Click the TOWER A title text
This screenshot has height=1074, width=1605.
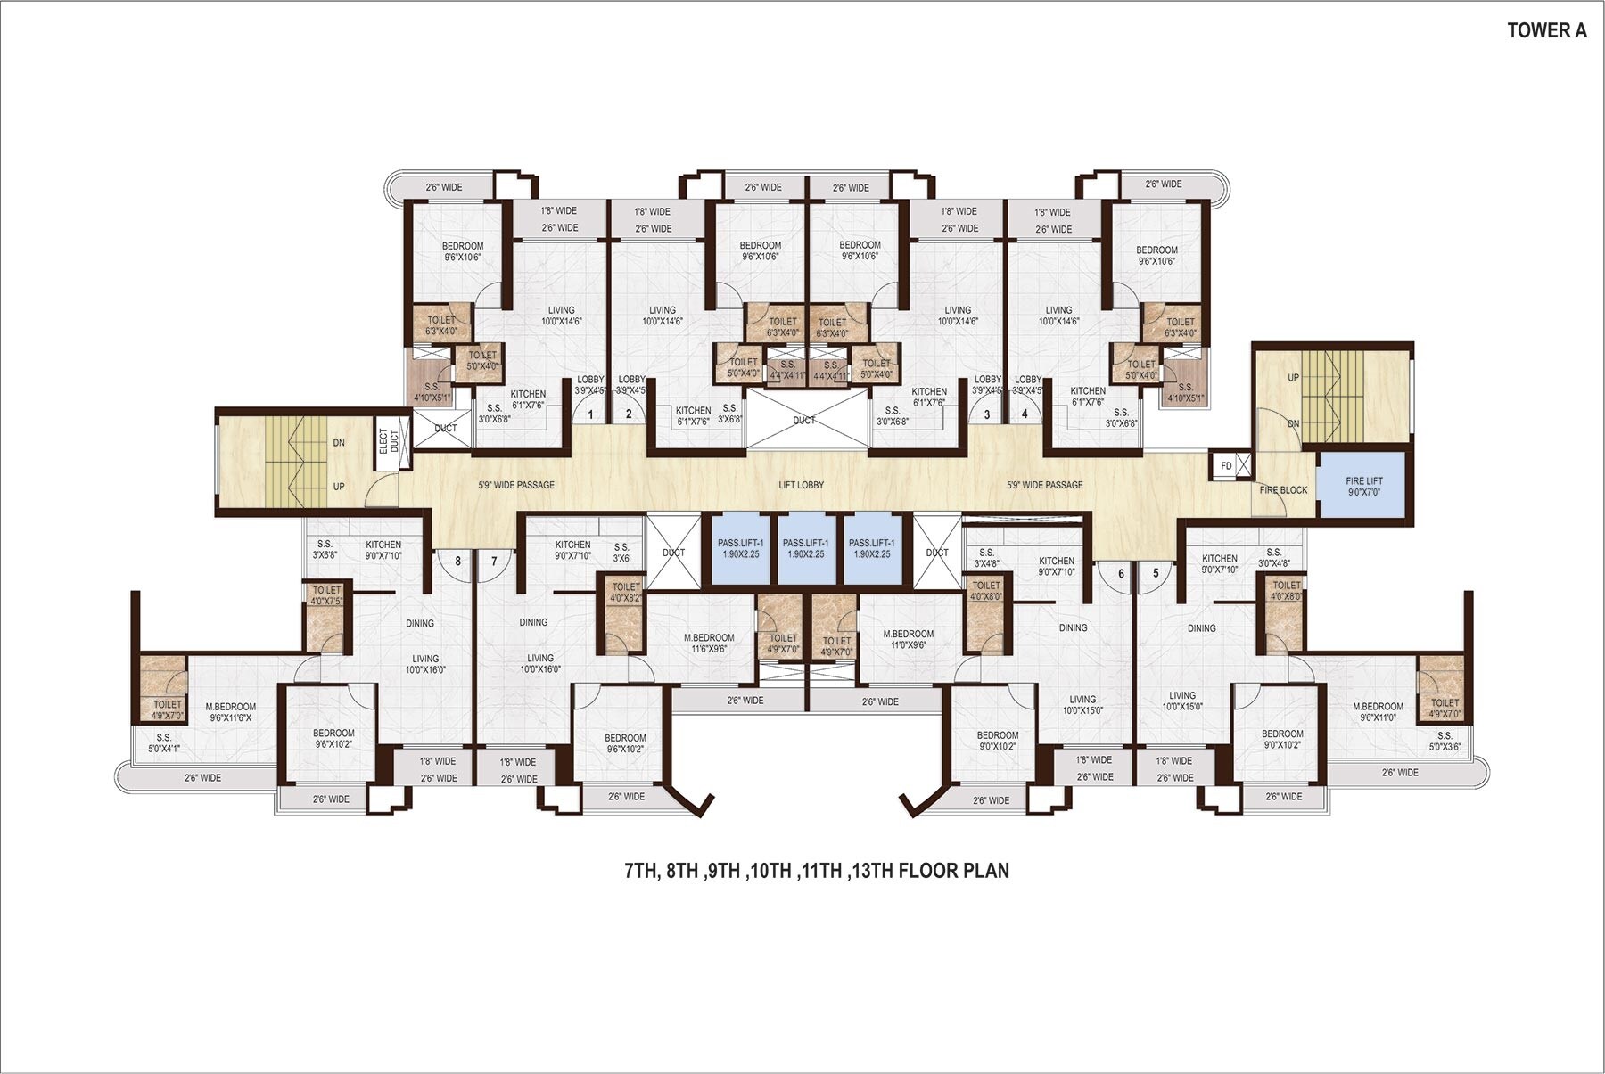(x=1547, y=30)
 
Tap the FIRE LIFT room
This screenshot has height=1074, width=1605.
(x=1363, y=486)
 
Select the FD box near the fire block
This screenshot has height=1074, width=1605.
(x=1226, y=465)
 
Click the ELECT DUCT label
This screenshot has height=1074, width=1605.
(x=389, y=442)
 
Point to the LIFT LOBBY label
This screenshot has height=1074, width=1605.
(x=801, y=485)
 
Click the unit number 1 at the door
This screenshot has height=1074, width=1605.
(x=589, y=414)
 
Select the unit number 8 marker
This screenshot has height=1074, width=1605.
(x=458, y=562)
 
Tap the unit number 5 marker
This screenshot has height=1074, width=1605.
(x=1156, y=573)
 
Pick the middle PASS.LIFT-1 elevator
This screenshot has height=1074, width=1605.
(x=805, y=549)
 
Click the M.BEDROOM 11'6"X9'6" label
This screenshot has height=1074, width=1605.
(x=709, y=644)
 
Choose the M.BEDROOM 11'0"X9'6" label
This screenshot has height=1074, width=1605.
(x=909, y=640)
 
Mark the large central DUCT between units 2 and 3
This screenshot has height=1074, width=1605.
(x=803, y=420)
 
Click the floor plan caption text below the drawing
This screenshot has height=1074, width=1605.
(x=817, y=871)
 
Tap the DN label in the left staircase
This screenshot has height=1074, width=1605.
(x=339, y=443)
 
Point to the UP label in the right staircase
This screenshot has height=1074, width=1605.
(x=1293, y=378)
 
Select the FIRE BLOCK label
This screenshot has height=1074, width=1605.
(x=1283, y=490)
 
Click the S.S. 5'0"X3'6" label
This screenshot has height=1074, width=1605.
(x=1444, y=742)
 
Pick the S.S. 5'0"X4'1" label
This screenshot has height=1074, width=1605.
(x=163, y=743)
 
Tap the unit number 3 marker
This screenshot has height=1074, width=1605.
(x=986, y=414)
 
